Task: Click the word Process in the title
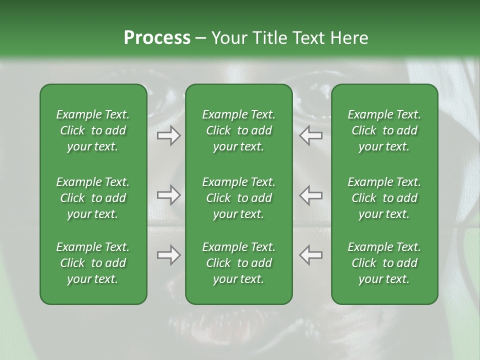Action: (157, 38)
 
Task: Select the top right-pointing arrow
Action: (168, 135)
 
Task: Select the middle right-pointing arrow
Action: (168, 195)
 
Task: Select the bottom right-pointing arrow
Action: (168, 255)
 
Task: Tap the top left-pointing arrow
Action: (310, 135)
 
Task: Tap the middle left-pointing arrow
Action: (310, 195)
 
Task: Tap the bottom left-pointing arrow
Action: (310, 255)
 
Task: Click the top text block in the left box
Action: (93, 130)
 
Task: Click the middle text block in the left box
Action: (93, 198)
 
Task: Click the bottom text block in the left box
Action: (93, 263)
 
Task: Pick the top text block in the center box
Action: (238, 130)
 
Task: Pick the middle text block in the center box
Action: (238, 198)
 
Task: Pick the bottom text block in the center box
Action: (238, 263)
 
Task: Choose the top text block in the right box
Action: (384, 130)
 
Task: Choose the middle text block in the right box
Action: (384, 198)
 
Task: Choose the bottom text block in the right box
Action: (384, 263)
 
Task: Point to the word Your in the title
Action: (227, 38)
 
